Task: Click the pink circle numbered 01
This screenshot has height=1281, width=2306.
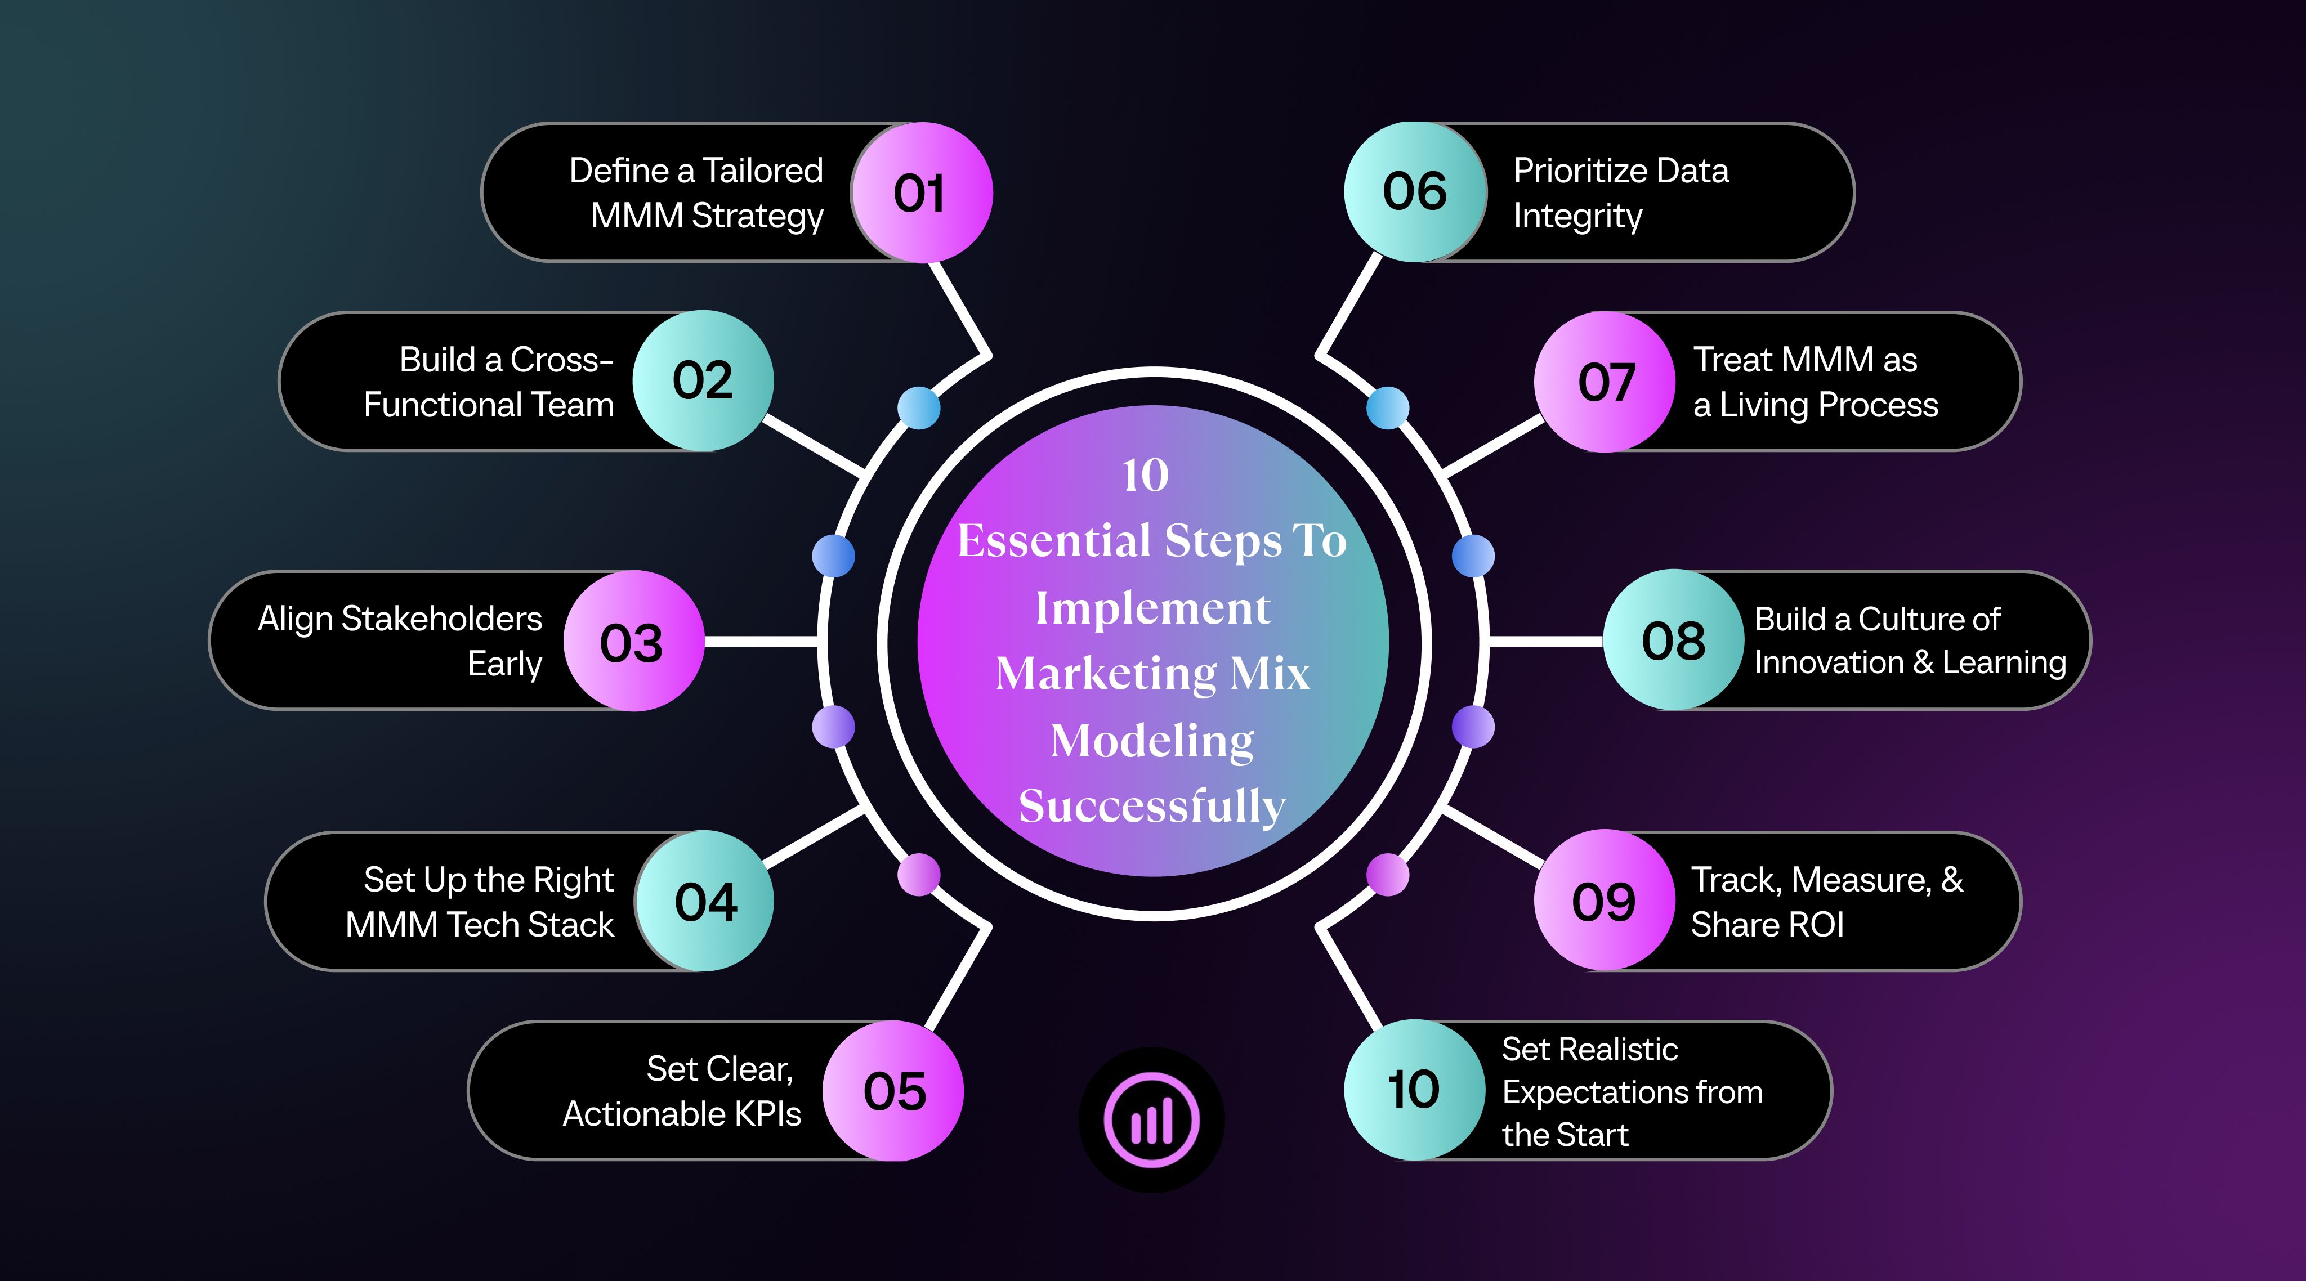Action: coord(921,192)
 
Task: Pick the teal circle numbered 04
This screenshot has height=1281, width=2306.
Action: coord(704,901)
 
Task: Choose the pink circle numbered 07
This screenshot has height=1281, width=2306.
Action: coord(1605,382)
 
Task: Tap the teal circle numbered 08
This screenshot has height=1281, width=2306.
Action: coord(1674,640)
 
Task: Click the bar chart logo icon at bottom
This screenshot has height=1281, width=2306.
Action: coord(1152,1120)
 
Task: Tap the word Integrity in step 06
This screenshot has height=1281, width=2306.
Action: coord(1577,217)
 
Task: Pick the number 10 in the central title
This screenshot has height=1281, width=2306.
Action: coord(1146,476)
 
